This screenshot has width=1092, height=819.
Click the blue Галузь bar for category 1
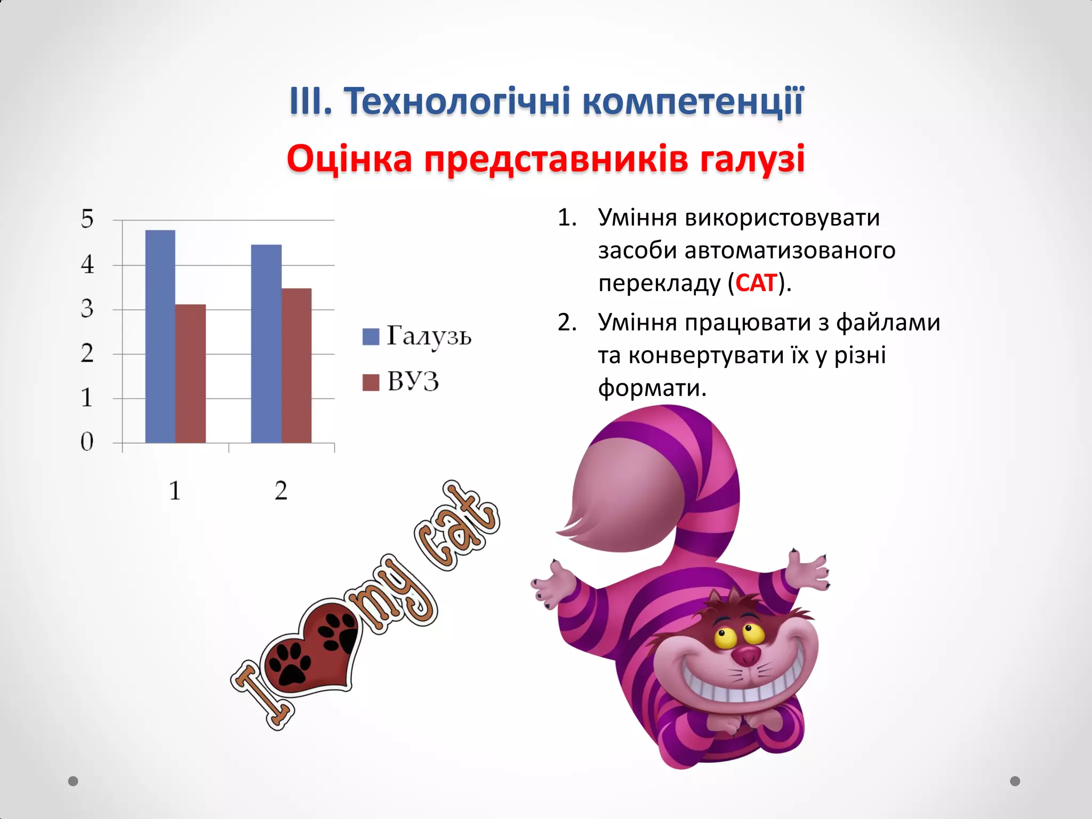160,336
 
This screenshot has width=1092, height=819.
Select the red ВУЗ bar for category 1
190,373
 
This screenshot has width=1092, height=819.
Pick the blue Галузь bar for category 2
266,344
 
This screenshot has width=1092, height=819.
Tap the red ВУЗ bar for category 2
296,365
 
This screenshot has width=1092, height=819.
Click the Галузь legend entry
416,336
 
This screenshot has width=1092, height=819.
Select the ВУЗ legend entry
401,382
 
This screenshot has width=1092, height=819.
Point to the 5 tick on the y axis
87,219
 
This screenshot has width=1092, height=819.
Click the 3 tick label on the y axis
87,309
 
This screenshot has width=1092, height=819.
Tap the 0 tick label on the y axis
87,442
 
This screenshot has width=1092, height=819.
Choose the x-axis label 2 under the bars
281,491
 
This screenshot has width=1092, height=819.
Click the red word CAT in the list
756,283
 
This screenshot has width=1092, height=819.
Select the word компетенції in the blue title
693,101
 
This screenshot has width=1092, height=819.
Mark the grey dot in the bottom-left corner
73,781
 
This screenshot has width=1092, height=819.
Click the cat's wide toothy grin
741,688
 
